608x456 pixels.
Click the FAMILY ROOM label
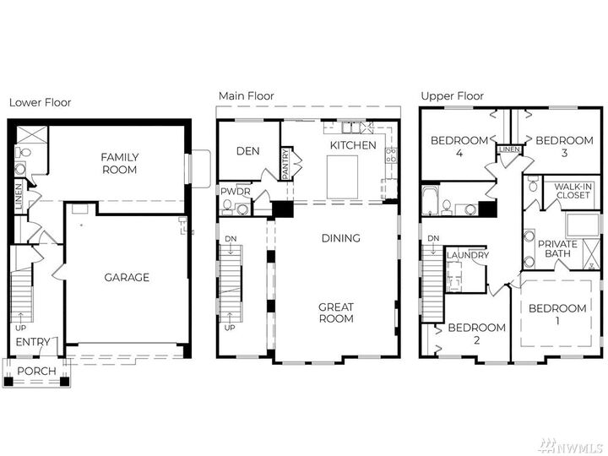tap(119, 164)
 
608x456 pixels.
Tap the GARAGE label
tap(127, 277)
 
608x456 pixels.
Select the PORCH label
tap(36, 371)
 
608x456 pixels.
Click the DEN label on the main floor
tap(247, 151)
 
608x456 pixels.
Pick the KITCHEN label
tap(353, 145)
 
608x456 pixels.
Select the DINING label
tap(340, 238)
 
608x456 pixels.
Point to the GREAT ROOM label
tap(335, 312)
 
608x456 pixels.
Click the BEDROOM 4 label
tap(459, 147)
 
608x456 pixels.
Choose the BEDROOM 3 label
tap(564, 147)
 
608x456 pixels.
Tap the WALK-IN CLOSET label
tap(573, 191)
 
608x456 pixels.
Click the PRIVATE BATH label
tap(557, 248)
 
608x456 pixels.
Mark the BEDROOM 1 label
tap(557, 315)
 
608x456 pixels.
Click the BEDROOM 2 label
tap(476, 334)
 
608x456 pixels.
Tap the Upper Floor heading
tap(452, 96)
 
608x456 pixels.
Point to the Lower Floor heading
tap(40, 102)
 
